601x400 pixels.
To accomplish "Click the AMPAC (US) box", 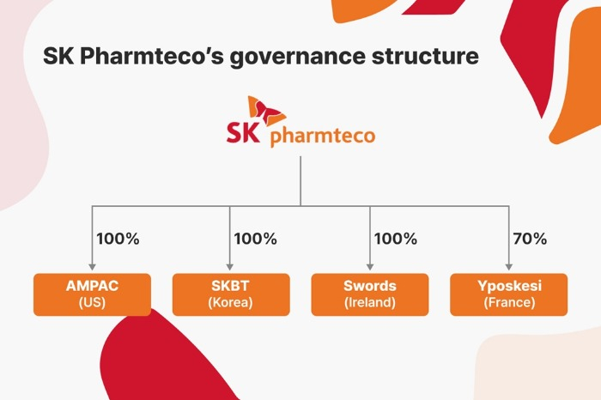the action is pyautogui.click(x=92, y=294).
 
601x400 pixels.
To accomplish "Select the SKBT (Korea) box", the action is pyautogui.click(x=231, y=294).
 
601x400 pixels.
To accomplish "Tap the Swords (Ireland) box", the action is pyautogui.click(x=370, y=294).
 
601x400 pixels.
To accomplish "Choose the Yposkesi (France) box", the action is pyautogui.click(x=508, y=294).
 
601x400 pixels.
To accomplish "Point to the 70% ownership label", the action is pyautogui.click(x=530, y=239).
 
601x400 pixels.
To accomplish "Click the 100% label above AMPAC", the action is pyautogui.click(x=118, y=239).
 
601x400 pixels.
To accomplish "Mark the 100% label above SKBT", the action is pyautogui.click(x=255, y=239).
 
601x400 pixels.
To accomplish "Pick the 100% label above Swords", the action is pyautogui.click(x=396, y=239).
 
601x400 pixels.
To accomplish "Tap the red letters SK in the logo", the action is pyautogui.click(x=243, y=132).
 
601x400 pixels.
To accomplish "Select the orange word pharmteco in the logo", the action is pyautogui.click(x=323, y=136).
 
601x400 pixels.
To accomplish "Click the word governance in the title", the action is pyautogui.click(x=297, y=57).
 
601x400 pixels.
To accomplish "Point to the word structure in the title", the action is pyautogui.click(x=425, y=56).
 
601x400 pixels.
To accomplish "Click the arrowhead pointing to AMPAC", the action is pyautogui.click(x=92, y=267).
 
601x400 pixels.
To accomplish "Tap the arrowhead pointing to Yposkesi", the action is pyautogui.click(x=508, y=267).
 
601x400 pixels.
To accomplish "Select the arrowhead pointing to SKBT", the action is pyautogui.click(x=229, y=267).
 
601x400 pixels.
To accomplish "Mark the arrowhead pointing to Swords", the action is pyautogui.click(x=370, y=267).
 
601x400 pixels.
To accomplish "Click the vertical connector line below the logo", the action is pyautogui.click(x=300, y=181).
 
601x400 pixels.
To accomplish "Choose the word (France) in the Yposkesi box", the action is pyautogui.click(x=509, y=303).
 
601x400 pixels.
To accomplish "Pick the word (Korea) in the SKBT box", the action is pyautogui.click(x=230, y=303).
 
